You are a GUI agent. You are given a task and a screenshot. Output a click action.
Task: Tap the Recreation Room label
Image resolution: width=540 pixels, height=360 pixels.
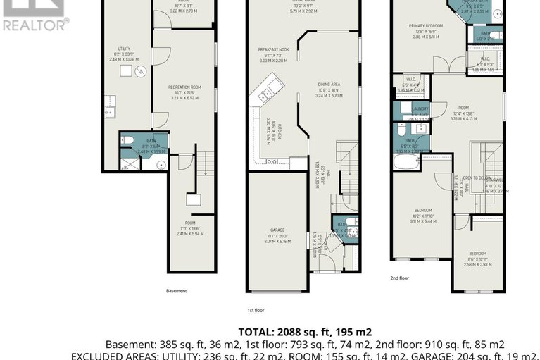pyautogui.click(x=184, y=87)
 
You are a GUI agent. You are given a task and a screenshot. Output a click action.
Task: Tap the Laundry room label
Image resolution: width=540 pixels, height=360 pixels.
pyautogui.click(x=402, y=108)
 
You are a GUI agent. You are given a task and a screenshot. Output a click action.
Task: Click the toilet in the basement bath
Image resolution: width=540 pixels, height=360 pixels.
pyautogui.click(x=129, y=141)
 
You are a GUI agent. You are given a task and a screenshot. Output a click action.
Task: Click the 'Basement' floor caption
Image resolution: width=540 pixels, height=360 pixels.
pyautogui.click(x=176, y=290)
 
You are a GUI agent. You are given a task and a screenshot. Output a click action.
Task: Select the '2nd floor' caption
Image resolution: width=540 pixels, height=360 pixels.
pyautogui.click(x=399, y=278)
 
